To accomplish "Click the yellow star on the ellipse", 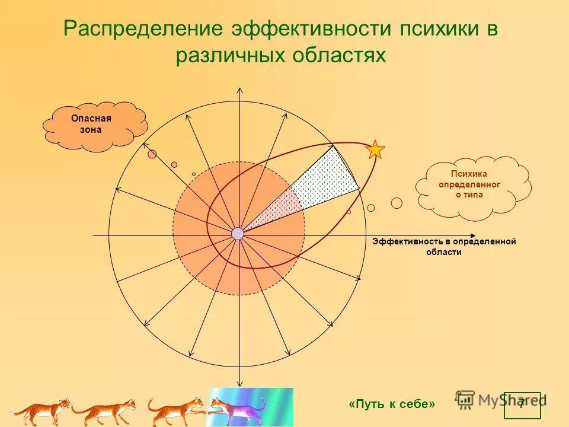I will pos(375,149).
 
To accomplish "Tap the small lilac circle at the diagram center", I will pos(238,234).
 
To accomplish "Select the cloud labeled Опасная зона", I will pos(95,125).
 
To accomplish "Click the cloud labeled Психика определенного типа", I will pos(471,185).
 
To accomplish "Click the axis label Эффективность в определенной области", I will pos(444,247).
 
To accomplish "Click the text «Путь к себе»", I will pos(392,404).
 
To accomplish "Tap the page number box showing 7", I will pos(522,405).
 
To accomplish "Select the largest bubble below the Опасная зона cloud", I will pos(152,154).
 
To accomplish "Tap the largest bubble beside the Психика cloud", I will pos(397,203).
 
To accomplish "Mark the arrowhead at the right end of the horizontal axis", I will pos(473,235).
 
